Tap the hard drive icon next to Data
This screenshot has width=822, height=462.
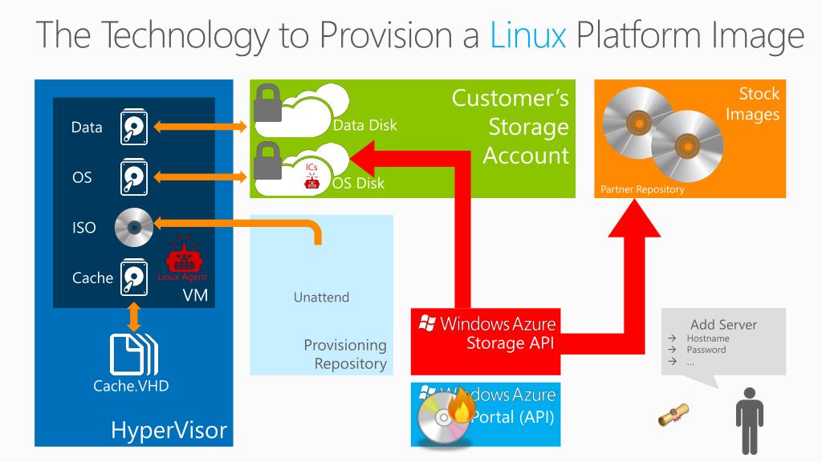click(x=134, y=127)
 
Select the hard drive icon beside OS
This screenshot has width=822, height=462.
click(x=134, y=176)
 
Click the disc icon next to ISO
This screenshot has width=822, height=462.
click(x=133, y=227)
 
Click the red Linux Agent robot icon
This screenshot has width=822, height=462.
click(x=181, y=258)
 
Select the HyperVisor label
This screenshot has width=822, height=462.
click(x=169, y=431)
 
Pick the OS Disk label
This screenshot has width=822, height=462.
click(x=359, y=183)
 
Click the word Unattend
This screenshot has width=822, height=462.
click(x=321, y=298)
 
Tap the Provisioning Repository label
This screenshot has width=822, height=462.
click(x=345, y=355)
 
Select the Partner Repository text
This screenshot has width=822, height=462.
click(x=642, y=190)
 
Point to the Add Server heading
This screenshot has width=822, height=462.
click(x=723, y=325)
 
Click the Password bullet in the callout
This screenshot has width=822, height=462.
click(x=706, y=350)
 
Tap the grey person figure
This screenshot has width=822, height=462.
click(x=748, y=416)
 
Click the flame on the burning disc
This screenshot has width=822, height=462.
click(x=462, y=408)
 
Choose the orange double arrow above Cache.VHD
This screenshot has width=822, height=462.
click(x=134, y=318)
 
